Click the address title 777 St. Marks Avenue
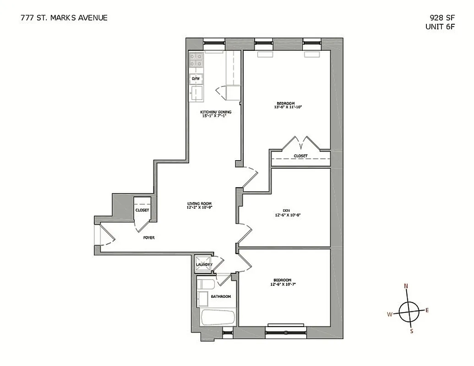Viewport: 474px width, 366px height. (64, 18)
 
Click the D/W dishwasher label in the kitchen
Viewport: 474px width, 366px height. (196, 79)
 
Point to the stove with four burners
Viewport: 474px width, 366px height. (196, 60)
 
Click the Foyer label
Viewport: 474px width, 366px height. (149, 237)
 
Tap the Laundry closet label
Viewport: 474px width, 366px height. (204, 264)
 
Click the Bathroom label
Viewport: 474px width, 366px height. (221, 296)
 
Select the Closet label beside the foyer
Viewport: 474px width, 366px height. (142, 210)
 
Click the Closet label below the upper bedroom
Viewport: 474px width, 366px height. (301, 156)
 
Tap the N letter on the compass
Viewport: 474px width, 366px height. (406, 286)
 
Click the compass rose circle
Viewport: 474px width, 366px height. (409, 312)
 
